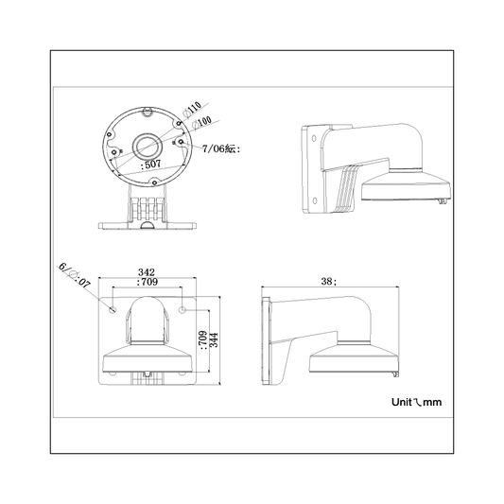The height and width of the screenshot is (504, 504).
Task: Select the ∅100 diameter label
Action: (200, 123)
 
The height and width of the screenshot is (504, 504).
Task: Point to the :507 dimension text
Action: (150, 164)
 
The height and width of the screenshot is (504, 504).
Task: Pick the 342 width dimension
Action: (147, 272)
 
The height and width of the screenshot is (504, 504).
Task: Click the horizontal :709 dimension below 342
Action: (147, 282)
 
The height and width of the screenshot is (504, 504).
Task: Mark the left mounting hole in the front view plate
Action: (113, 309)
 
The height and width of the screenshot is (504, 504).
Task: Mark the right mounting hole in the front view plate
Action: (182, 309)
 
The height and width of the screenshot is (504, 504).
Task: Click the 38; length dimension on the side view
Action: (328, 281)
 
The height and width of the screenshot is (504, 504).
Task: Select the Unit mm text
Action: (416, 402)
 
